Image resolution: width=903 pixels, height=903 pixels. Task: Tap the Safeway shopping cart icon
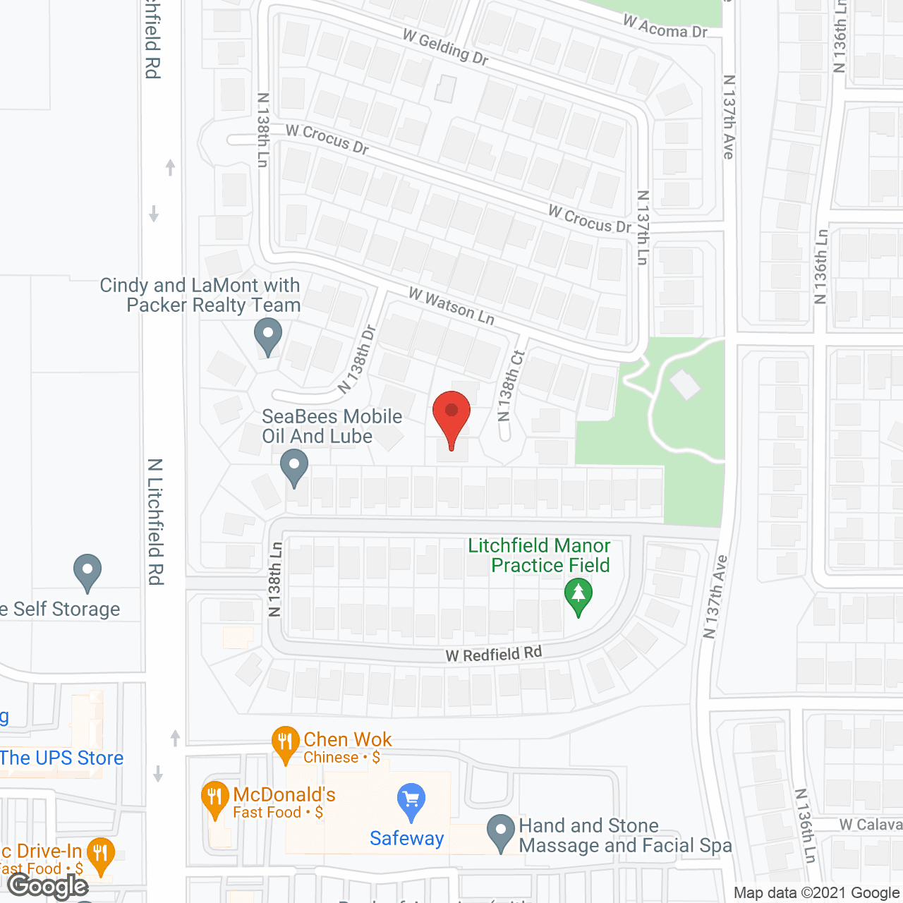coord(411,801)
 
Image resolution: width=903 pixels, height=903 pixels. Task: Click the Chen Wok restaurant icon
coord(285,743)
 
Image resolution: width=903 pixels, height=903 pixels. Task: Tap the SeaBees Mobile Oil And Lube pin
coord(294,467)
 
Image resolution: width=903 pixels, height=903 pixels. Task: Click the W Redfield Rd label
coord(494,654)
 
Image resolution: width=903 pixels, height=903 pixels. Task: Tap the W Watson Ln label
coord(451,306)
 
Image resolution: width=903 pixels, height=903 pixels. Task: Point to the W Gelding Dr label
coord(446,47)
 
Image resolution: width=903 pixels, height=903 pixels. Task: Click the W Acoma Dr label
coord(665,27)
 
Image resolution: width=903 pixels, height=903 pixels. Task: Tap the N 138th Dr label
coord(358,359)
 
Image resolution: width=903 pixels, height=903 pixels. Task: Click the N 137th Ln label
coord(642,227)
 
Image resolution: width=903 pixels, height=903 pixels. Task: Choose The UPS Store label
coord(62,758)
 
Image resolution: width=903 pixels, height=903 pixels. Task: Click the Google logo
coord(48,886)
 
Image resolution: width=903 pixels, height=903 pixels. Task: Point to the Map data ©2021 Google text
coord(816,893)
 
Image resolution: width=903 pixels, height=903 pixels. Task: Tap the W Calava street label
coord(871,825)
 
